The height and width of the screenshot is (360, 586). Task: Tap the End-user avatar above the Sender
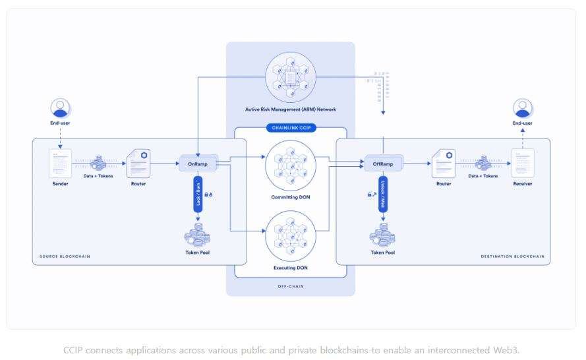(61, 108)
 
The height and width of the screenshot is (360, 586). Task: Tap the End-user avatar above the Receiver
(523, 108)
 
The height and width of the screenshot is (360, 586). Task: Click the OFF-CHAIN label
(291, 287)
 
